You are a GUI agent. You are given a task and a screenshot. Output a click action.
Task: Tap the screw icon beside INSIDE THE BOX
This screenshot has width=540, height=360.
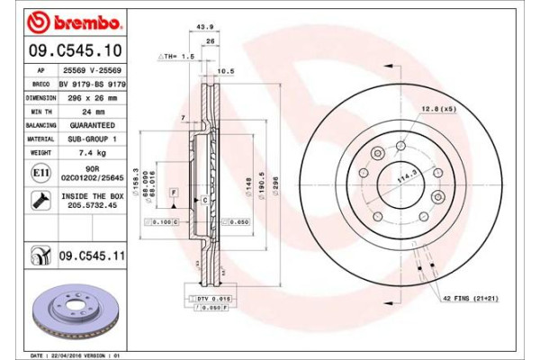point(41,201)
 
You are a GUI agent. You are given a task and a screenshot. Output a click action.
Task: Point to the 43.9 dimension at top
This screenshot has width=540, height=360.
point(204,28)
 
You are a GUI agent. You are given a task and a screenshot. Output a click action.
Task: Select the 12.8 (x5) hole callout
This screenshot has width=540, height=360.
point(436,110)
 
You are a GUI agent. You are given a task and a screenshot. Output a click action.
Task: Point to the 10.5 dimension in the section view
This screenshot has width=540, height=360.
point(226,69)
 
